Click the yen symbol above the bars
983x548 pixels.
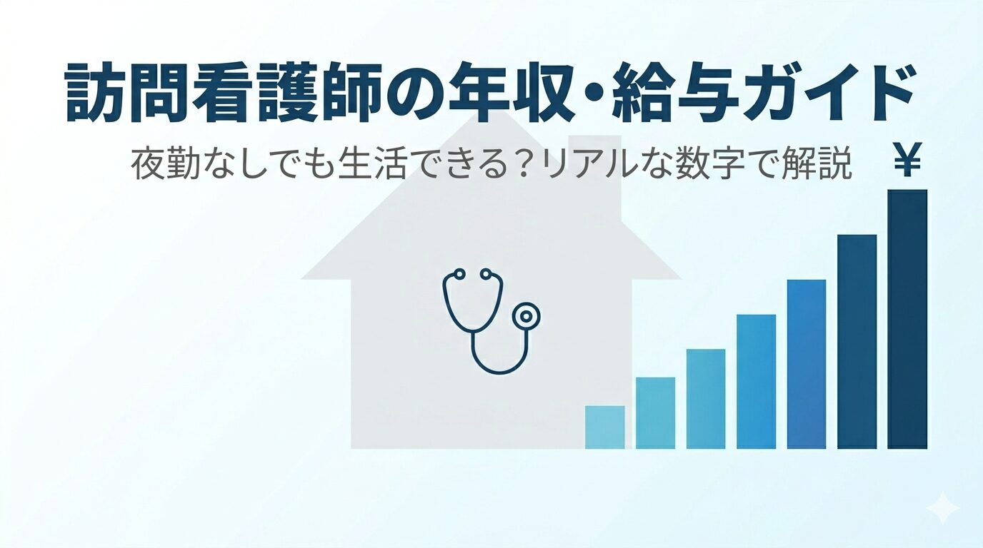907,161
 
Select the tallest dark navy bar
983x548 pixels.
907,319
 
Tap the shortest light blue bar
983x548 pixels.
604,427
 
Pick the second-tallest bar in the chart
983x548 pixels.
857,342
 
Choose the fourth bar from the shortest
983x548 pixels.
756,382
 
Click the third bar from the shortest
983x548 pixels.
706,399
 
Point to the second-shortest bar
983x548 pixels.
655,413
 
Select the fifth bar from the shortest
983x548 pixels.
807,365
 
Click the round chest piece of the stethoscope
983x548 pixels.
526,315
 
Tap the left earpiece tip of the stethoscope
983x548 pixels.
459,274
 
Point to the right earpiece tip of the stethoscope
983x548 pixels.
485,274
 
